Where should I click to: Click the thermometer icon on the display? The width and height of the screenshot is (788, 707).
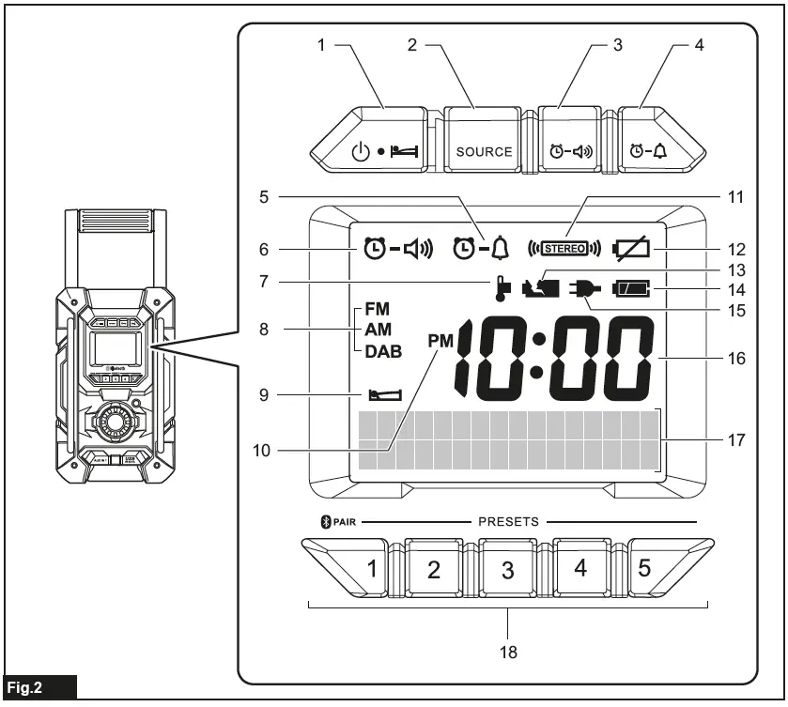click(502, 287)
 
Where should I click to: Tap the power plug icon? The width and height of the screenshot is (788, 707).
click(581, 289)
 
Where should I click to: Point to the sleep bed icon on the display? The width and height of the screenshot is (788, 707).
click(383, 396)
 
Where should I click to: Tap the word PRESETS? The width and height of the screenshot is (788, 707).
click(508, 519)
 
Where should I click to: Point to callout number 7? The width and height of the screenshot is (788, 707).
click(264, 281)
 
